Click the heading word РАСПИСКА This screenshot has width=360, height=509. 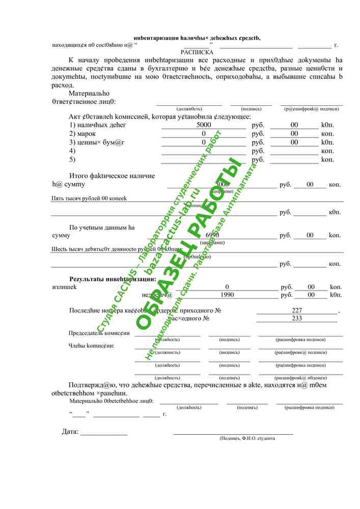tap(197, 52)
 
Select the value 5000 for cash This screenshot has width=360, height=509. tap(204, 125)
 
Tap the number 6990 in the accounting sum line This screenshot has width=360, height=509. tap(212, 235)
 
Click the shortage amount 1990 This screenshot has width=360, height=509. tap(227, 295)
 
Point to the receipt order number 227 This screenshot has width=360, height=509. tap(297, 310)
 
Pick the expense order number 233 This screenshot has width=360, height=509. tap(297, 318)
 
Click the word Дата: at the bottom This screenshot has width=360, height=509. tap(70, 432)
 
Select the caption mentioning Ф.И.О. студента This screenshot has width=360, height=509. tap(247, 438)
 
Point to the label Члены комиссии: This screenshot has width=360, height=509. tap(92, 346)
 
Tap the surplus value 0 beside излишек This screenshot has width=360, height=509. tap(227, 287)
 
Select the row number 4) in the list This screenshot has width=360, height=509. tap(72, 151)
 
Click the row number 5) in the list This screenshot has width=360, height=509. tap(72, 160)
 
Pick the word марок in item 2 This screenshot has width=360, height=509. tap(87, 133)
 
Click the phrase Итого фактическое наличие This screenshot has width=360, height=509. tap(112, 176)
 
